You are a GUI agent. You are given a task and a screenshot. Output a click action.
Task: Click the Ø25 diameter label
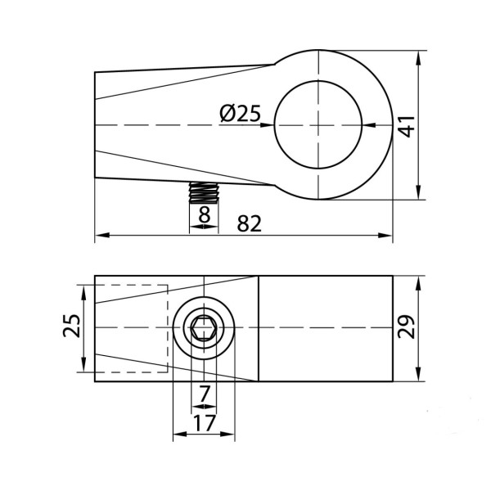(240, 113)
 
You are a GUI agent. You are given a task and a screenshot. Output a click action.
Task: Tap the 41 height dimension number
(407, 127)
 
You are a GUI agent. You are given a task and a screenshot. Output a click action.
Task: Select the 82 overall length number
(249, 223)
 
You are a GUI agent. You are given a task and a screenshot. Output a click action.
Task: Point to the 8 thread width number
(204, 214)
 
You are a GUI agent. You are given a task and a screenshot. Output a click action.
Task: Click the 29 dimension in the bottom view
(406, 327)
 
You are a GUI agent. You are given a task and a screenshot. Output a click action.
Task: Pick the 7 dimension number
(204, 394)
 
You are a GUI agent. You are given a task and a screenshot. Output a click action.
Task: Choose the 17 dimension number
(204, 423)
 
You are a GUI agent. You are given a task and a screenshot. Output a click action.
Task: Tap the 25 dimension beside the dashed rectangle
(72, 326)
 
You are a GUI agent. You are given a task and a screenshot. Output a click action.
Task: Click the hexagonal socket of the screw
(204, 327)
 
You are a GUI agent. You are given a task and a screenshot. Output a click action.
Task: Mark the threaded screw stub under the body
(204, 192)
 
